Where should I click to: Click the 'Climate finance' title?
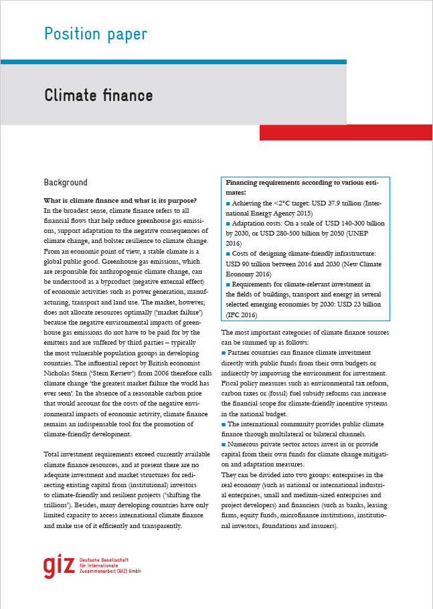click(x=98, y=96)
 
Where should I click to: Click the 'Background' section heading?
click(x=66, y=183)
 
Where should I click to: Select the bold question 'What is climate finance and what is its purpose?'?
click(x=120, y=201)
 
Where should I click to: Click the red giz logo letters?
click(x=59, y=566)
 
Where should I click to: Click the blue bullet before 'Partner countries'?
click(x=224, y=353)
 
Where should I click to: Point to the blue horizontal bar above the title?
click(x=173, y=62)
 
